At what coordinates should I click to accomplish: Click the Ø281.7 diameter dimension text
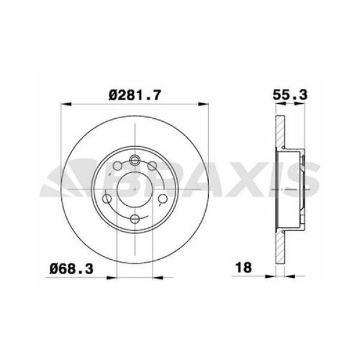click(136, 94)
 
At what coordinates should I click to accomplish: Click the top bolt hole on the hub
click(135, 160)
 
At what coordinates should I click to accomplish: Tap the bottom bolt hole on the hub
click(135, 218)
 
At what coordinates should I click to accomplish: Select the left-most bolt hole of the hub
click(107, 199)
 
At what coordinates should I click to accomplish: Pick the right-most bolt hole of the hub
click(163, 199)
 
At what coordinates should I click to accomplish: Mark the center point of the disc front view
click(135, 189)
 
